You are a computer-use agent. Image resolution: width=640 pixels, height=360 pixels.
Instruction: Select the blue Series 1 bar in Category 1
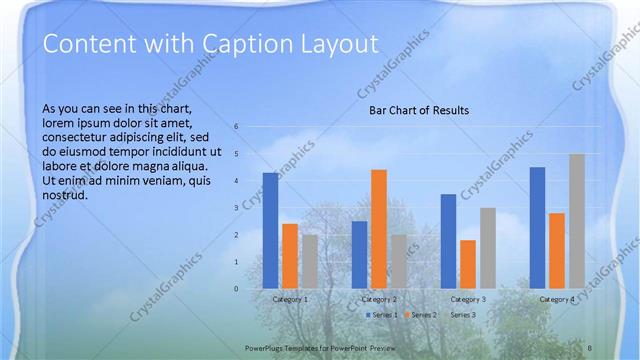tap(270, 230)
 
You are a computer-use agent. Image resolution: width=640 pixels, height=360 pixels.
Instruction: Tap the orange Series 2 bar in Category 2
tap(379, 229)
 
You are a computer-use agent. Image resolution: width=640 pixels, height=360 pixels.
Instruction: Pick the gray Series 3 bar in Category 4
tap(577, 221)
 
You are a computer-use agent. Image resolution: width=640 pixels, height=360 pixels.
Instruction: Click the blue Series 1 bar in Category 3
tap(448, 241)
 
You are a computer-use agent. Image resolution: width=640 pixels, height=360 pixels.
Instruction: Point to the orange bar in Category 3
tap(468, 264)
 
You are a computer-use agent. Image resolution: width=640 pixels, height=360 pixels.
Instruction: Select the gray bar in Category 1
tap(310, 261)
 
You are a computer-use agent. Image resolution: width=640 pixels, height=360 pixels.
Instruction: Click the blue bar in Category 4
tap(537, 227)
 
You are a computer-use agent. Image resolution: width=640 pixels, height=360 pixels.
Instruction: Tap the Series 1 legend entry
tap(382, 315)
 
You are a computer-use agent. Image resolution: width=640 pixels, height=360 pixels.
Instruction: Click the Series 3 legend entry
tap(463, 315)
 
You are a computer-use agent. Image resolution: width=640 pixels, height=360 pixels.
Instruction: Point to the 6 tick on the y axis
tap(236, 127)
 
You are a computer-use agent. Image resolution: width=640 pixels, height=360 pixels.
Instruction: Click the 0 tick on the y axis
tap(236, 289)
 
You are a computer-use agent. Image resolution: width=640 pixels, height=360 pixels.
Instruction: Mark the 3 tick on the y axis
tap(236, 208)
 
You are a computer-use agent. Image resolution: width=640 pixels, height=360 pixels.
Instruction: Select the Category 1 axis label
tap(290, 299)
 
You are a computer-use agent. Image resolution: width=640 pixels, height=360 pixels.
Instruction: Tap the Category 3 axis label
tap(468, 299)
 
